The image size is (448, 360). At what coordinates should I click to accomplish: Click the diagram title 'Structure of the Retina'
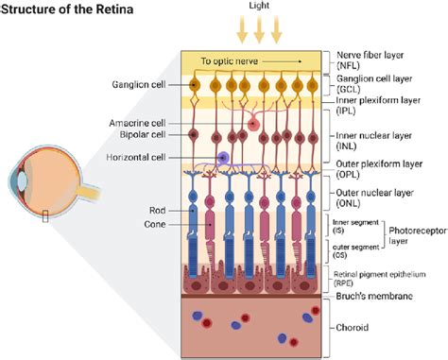pyautogui.click(x=67, y=9)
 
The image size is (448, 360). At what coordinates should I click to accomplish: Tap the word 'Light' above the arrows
pyautogui.click(x=259, y=6)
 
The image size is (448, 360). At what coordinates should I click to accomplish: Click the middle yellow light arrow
pyautogui.click(x=259, y=29)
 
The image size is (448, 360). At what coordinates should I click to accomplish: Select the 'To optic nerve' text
pyautogui.click(x=230, y=60)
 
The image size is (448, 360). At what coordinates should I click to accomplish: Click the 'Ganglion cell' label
pyautogui.click(x=139, y=84)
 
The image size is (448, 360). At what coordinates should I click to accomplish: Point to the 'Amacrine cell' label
pyautogui.click(x=137, y=123)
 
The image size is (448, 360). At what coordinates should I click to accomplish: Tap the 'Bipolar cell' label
pyautogui.click(x=143, y=134)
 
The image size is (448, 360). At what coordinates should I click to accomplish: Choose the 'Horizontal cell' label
pyautogui.click(x=136, y=157)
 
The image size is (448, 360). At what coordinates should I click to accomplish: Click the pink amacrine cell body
pyautogui.click(x=253, y=125)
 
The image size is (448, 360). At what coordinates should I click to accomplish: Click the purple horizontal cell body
pyautogui.click(x=223, y=157)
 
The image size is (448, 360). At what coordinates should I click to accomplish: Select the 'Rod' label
pyautogui.click(x=157, y=210)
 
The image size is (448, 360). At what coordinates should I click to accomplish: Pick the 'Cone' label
pyautogui.click(x=155, y=224)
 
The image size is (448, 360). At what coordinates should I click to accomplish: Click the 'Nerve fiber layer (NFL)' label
pyautogui.click(x=370, y=60)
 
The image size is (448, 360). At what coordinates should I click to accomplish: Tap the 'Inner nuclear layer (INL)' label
pyautogui.click(x=373, y=141)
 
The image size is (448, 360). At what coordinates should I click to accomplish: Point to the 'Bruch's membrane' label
pyautogui.click(x=374, y=296)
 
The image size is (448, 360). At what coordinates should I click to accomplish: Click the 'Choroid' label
pyautogui.click(x=352, y=328)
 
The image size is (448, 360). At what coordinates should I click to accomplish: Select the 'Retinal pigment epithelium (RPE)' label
pyautogui.click(x=379, y=279)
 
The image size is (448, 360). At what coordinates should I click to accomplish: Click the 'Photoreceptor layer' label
pyautogui.click(x=418, y=236)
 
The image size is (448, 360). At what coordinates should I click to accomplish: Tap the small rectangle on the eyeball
pyautogui.click(x=45, y=216)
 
